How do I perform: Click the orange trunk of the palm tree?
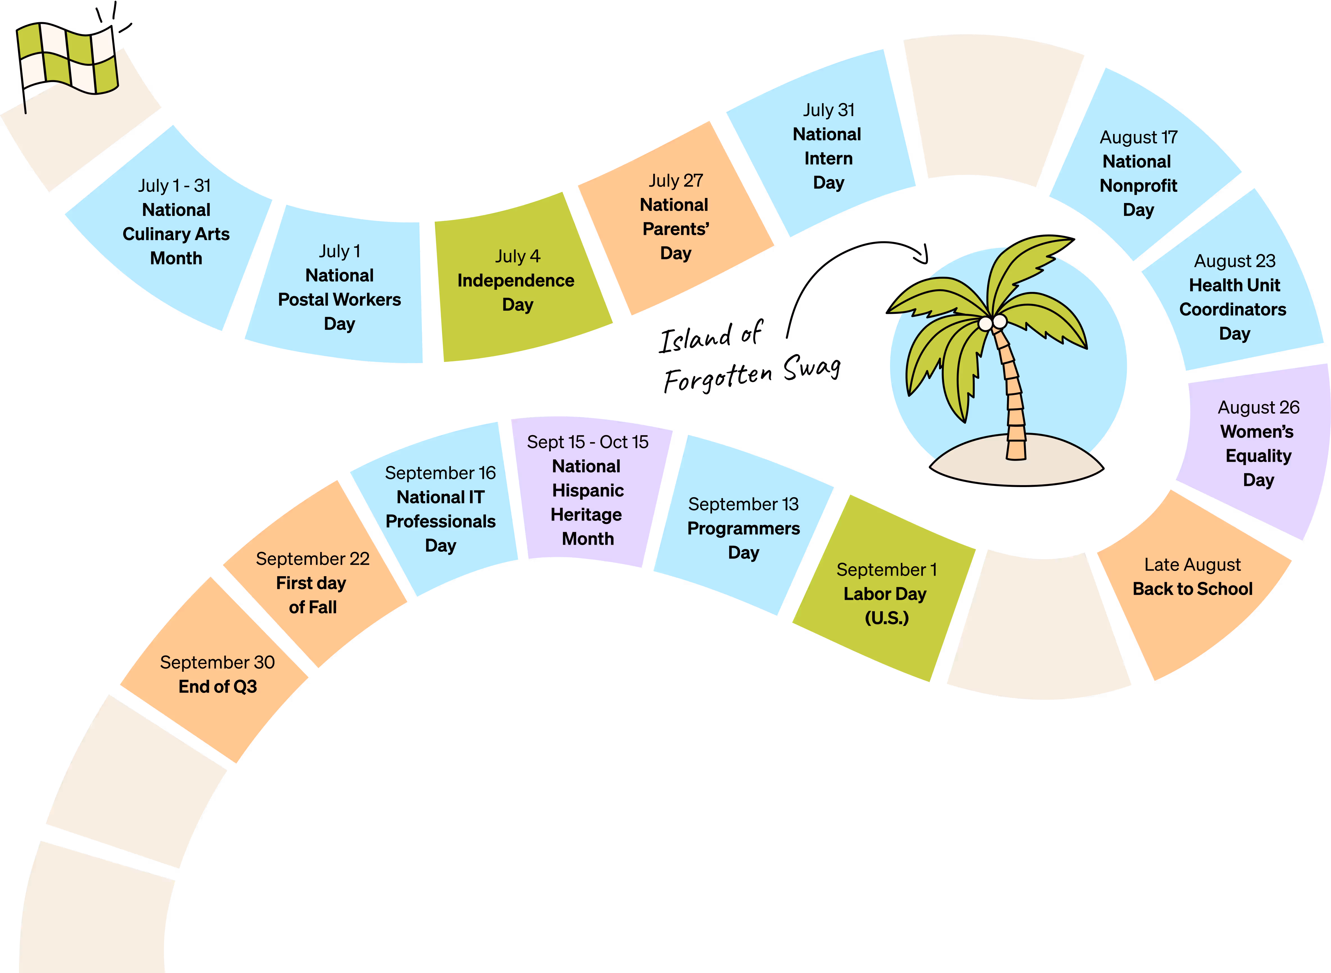[x=1013, y=395]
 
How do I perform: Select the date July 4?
[x=517, y=256]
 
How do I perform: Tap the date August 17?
[x=1138, y=137]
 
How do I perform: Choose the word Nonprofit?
[x=1138, y=186]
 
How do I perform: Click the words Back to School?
[x=1193, y=589]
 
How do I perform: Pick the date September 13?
[x=743, y=504]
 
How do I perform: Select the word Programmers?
[x=743, y=528]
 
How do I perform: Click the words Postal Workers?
[x=339, y=300]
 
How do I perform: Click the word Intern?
[x=828, y=158]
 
